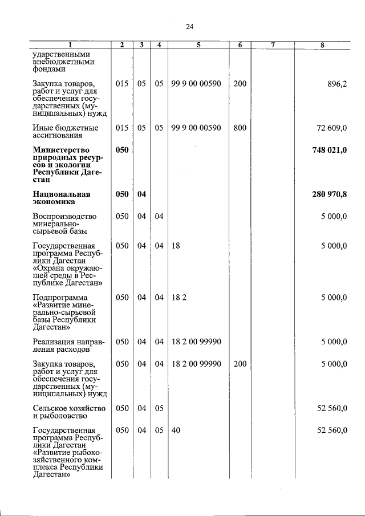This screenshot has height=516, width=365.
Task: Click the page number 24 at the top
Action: click(x=190, y=26)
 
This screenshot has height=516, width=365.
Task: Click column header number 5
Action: click(x=198, y=44)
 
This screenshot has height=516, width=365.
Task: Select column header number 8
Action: click(x=323, y=44)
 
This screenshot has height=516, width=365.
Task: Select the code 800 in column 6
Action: click(x=240, y=128)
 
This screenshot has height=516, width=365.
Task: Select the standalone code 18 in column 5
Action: click(x=176, y=246)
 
